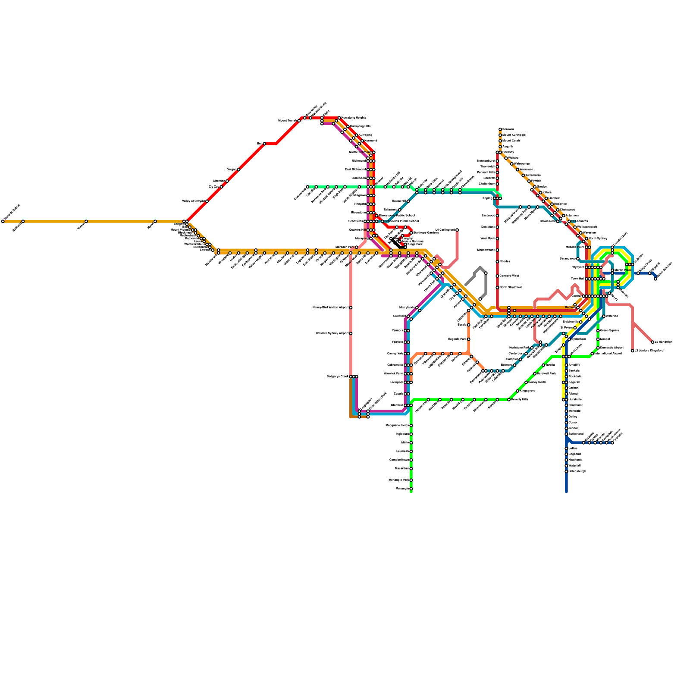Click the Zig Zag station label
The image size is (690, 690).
click(214, 187)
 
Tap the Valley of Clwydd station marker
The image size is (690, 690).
click(207, 201)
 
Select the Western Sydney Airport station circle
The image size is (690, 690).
click(351, 333)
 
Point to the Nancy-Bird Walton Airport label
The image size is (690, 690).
click(330, 307)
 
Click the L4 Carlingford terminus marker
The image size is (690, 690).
click(457, 230)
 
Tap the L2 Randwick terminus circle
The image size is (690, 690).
click(652, 342)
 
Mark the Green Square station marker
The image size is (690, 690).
click(598, 331)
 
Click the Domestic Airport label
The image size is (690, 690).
click(612, 348)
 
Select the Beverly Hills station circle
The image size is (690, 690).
click(509, 400)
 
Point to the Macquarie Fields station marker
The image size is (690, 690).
click(411, 426)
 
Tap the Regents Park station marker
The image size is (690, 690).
click(469, 339)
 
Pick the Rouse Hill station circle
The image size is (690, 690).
click(408, 201)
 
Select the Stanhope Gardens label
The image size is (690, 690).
click(426, 233)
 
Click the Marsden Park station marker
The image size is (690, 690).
click(357, 247)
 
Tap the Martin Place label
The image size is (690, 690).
click(623, 270)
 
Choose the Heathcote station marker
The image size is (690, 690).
click(566, 460)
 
